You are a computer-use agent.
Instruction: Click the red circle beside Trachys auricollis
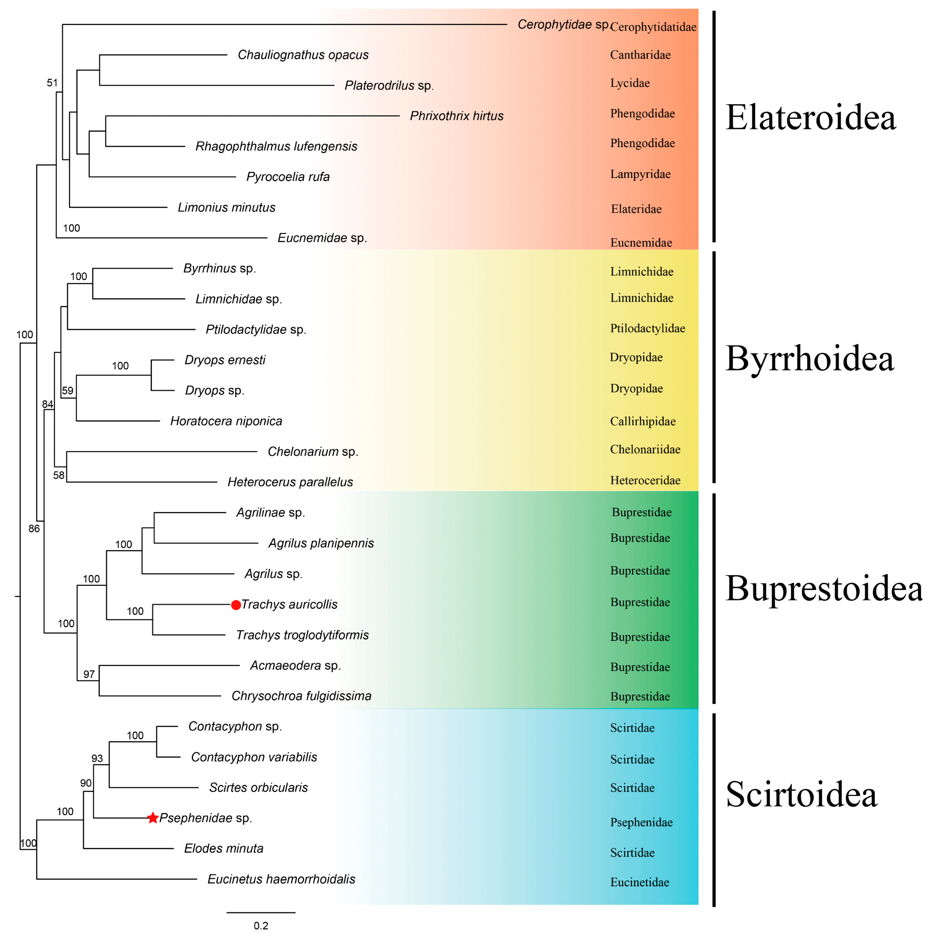pyautogui.click(x=236, y=605)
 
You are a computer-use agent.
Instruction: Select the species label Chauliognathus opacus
pyautogui.click(x=303, y=55)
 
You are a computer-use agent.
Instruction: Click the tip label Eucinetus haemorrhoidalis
pyautogui.click(x=281, y=879)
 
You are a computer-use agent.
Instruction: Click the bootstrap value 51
pyautogui.click(x=52, y=83)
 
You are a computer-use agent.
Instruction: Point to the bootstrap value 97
pyautogui.click(x=89, y=674)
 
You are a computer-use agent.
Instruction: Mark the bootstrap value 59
pyautogui.click(x=68, y=391)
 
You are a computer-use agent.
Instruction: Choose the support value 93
pyautogui.click(x=97, y=759)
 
